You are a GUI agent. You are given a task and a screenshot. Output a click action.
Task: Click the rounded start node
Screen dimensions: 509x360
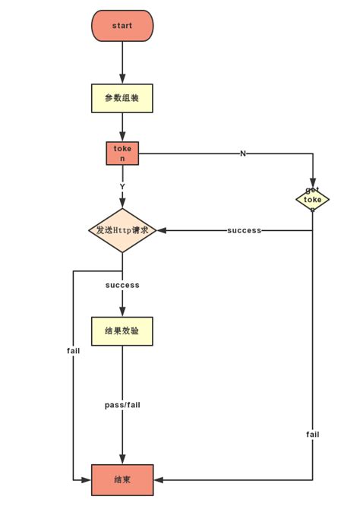(x=122, y=26)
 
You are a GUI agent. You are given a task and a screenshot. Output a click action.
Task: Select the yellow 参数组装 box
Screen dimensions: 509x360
(x=122, y=98)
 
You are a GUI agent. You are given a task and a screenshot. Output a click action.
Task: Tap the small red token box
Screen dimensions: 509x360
(x=122, y=153)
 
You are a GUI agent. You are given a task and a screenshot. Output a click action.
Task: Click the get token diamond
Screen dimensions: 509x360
(x=312, y=200)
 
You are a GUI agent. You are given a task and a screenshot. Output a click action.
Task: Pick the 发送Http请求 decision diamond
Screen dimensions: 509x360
(x=122, y=230)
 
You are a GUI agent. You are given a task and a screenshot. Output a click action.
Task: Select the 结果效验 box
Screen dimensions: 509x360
(x=122, y=331)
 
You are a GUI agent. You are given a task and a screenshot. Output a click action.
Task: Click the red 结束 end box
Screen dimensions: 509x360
(x=122, y=480)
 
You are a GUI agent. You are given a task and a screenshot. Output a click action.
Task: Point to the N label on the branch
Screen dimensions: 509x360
(x=243, y=153)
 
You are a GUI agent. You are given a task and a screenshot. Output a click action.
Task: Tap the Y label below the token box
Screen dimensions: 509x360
(x=122, y=187)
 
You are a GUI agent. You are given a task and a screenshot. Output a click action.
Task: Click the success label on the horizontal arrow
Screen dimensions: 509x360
(x=244, y=230)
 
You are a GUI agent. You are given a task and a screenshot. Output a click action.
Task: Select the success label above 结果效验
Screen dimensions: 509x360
(x=122, y=285)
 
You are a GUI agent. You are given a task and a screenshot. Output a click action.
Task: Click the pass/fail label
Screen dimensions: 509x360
(x=122, y=405)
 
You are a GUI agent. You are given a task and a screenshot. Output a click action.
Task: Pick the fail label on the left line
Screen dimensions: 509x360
(x=73, y=351)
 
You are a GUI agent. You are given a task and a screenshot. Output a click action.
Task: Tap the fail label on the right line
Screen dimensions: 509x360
(x=312, y=435)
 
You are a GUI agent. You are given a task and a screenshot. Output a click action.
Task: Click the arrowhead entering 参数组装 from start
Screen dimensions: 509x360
(x=122, y=80)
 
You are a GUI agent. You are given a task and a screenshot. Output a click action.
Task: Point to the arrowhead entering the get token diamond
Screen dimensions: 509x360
(x=312, y=184)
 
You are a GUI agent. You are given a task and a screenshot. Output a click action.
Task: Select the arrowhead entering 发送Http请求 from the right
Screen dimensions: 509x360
(x=162, y=230)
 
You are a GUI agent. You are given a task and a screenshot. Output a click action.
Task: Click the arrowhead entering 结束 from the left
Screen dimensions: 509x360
(x=87, y=480)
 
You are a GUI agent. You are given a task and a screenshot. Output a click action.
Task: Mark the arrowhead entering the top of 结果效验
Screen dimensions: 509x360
(x=122, y=312)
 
